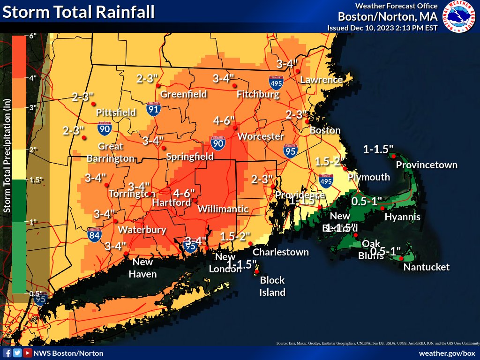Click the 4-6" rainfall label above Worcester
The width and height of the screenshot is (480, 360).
click(x=224, y=121)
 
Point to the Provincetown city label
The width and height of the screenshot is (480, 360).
click(x=427, y=165)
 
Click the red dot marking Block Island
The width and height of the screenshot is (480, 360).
click(x=257, y=271)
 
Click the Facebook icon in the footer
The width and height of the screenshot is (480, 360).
click(x=7, y=353)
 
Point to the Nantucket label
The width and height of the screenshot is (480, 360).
click(x=427, y=267)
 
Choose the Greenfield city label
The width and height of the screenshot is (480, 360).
click(x=184, y=94)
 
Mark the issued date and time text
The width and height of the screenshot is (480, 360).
click(x=382, y=28)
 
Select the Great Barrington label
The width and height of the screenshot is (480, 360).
click(x=111, y=152)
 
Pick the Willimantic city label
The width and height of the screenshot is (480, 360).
click(x=223, y=209)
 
